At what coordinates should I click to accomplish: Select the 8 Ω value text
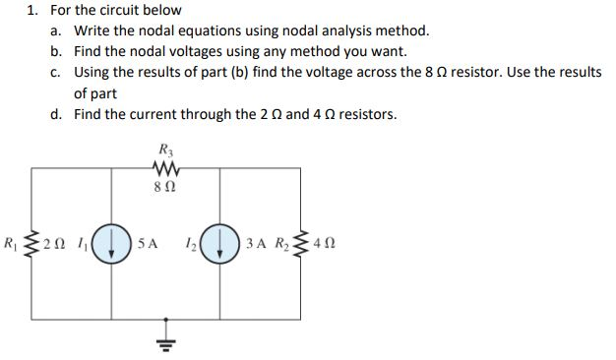(x=164, y=184)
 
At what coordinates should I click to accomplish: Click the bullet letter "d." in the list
(x=58, y=115)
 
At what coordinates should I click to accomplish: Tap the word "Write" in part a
(x=92, y=30)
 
